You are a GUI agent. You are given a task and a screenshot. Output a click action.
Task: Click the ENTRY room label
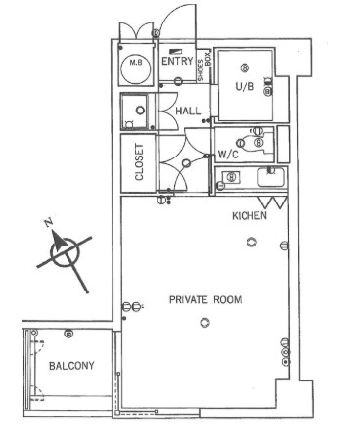(177, 61)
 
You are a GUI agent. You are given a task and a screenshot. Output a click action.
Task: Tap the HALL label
(188, 111)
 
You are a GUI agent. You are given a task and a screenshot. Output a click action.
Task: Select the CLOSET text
(139, 162)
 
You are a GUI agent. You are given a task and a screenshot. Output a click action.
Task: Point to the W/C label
(228, 155)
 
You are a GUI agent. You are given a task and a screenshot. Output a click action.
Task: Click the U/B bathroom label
(245, 86)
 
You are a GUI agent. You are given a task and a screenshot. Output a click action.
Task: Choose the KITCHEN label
(249, 215)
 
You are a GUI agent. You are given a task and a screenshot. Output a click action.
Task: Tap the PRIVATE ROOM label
(205, 299)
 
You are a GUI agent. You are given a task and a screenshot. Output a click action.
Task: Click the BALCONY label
(71, 366)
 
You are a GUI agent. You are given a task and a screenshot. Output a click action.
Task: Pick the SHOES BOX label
(204, 67)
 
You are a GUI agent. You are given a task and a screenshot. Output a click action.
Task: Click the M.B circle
(136, 68)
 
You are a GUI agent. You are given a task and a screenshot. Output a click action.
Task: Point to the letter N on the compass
(49, 223)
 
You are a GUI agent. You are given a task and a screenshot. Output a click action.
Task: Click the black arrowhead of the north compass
(58, 242)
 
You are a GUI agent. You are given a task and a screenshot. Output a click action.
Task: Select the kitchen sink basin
(271, 177)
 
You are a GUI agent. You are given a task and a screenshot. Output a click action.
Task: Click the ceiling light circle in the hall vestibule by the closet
(186, 163)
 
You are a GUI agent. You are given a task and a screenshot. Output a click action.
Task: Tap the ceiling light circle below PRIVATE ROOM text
(204, 323)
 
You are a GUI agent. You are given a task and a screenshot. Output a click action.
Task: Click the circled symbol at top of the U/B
(245, 67)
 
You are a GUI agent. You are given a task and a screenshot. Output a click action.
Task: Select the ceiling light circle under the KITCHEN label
(251, 242)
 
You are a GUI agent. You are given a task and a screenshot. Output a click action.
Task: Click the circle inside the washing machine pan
(141, 111)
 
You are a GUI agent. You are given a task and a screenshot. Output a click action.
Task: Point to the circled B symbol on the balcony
(68, 334)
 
